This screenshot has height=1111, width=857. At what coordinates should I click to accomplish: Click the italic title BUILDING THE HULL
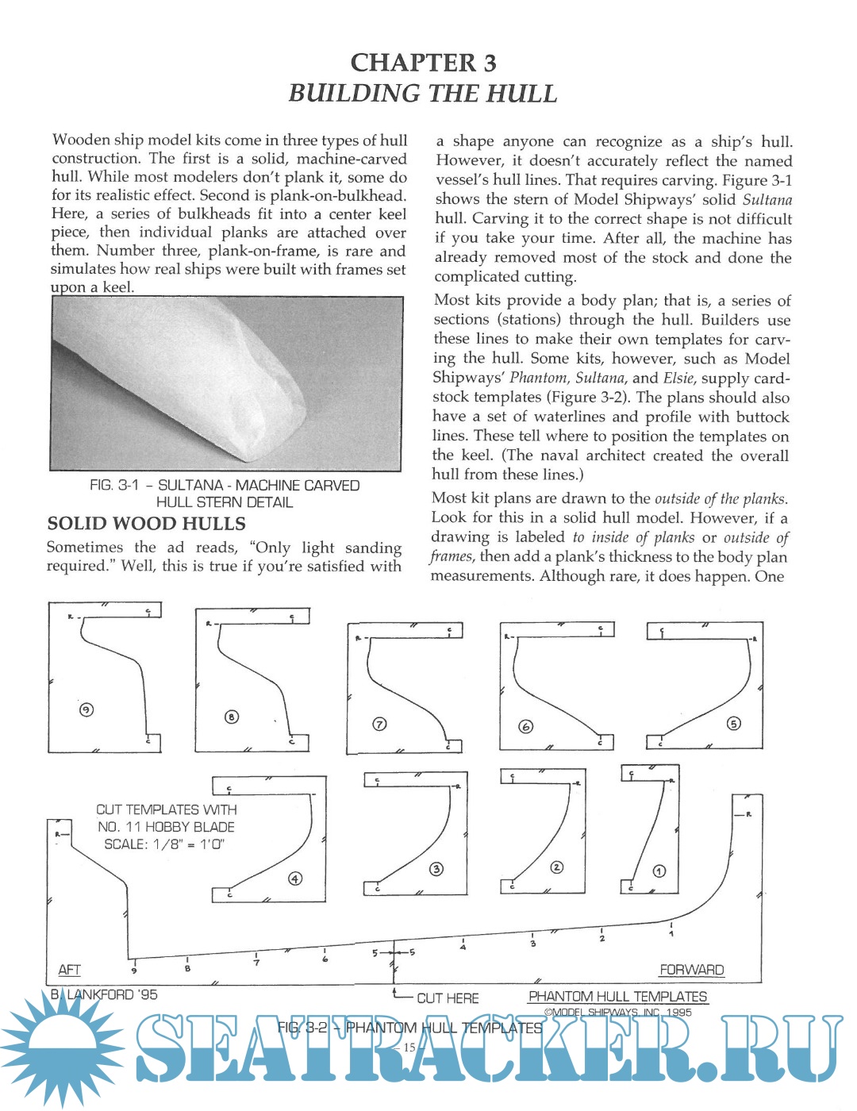(422, 93)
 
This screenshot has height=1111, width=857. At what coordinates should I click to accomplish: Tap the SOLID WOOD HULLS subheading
(146, 524)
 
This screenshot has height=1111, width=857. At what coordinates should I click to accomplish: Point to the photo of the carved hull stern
(226, 383)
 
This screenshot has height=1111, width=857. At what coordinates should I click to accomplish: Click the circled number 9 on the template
(86, 709)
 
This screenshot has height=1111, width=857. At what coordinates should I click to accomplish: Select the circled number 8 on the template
(231, 717)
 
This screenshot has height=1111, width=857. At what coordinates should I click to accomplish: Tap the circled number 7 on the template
(379, 724)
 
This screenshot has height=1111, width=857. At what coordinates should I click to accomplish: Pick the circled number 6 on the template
(525, 726)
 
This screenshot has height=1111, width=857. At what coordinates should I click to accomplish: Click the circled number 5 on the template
(733, 723)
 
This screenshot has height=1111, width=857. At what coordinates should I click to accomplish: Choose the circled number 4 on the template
(294, 878)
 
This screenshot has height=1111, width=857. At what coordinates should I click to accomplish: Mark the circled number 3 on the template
(436, 869)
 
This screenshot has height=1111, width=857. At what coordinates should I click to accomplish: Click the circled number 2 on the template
(556, 867)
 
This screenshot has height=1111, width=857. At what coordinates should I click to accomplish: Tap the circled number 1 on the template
(659, 871)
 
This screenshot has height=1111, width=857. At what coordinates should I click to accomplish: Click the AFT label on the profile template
(69, 970)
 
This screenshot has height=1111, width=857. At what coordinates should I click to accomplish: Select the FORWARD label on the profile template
(691, 970)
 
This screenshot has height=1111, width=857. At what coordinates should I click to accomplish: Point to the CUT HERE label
(448, 998)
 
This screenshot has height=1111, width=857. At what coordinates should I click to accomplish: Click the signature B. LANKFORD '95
(104, 994)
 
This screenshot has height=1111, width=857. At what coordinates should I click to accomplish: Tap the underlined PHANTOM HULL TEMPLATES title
(617, 997)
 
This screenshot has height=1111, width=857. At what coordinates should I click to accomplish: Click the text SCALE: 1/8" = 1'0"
(164, 844)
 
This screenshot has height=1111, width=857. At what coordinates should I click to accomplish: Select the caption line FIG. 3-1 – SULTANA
(225, 486)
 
